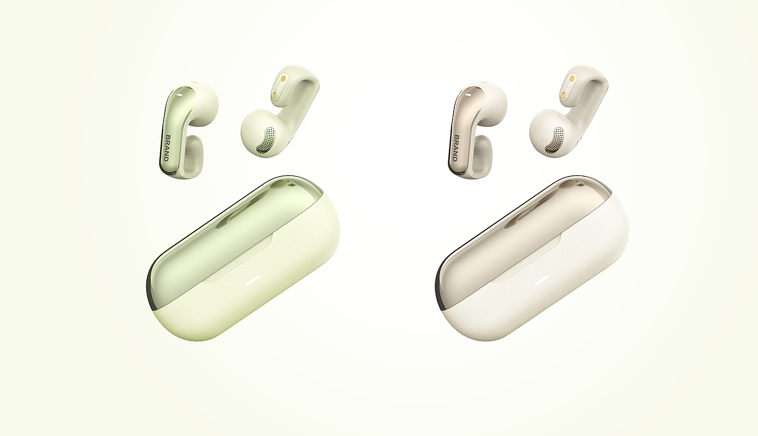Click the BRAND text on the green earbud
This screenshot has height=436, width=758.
click(x=167, y=148)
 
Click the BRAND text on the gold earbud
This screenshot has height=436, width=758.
click(x=455, y=148)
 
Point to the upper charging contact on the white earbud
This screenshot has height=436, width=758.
click(x=572, y=79)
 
